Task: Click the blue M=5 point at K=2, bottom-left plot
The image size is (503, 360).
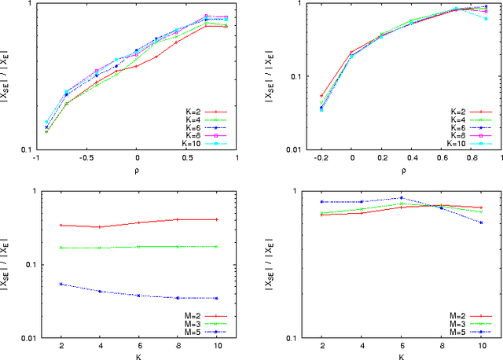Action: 61,284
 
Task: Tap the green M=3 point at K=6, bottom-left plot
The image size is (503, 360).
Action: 138,247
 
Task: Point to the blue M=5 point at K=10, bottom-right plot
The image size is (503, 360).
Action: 481,222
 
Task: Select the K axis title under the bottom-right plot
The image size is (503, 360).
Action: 401,356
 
